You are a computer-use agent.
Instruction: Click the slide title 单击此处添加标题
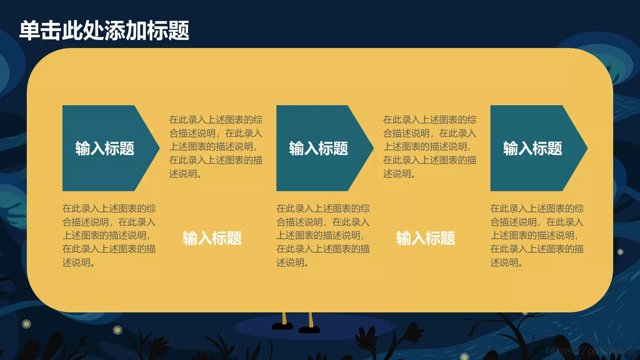click(104, 30)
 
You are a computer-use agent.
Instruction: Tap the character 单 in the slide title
click(30, 30)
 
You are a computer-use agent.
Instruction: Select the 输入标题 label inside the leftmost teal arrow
click(105, 148)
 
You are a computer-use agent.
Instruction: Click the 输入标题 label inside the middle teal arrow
click(319, 148)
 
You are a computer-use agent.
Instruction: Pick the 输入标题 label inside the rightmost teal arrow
click(533, 148)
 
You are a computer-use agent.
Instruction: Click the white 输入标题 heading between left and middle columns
click(212, 238)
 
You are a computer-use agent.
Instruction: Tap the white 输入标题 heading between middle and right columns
click(426, 238)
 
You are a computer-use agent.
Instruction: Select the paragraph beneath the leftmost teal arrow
click(109, 235)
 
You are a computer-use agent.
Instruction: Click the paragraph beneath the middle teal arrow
click(323, 235)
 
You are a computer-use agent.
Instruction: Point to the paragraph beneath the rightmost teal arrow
click(537, 235)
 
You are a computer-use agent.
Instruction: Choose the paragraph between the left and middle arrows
click(216, 146)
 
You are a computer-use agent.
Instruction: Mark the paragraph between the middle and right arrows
click(430, 146)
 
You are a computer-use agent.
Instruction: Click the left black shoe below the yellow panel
click(283, 326)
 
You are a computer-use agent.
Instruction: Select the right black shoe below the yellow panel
click(309, 330)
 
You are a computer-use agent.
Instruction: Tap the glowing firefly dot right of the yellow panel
click(620, 252)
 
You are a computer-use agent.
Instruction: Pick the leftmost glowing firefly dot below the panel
click(26, 324)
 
